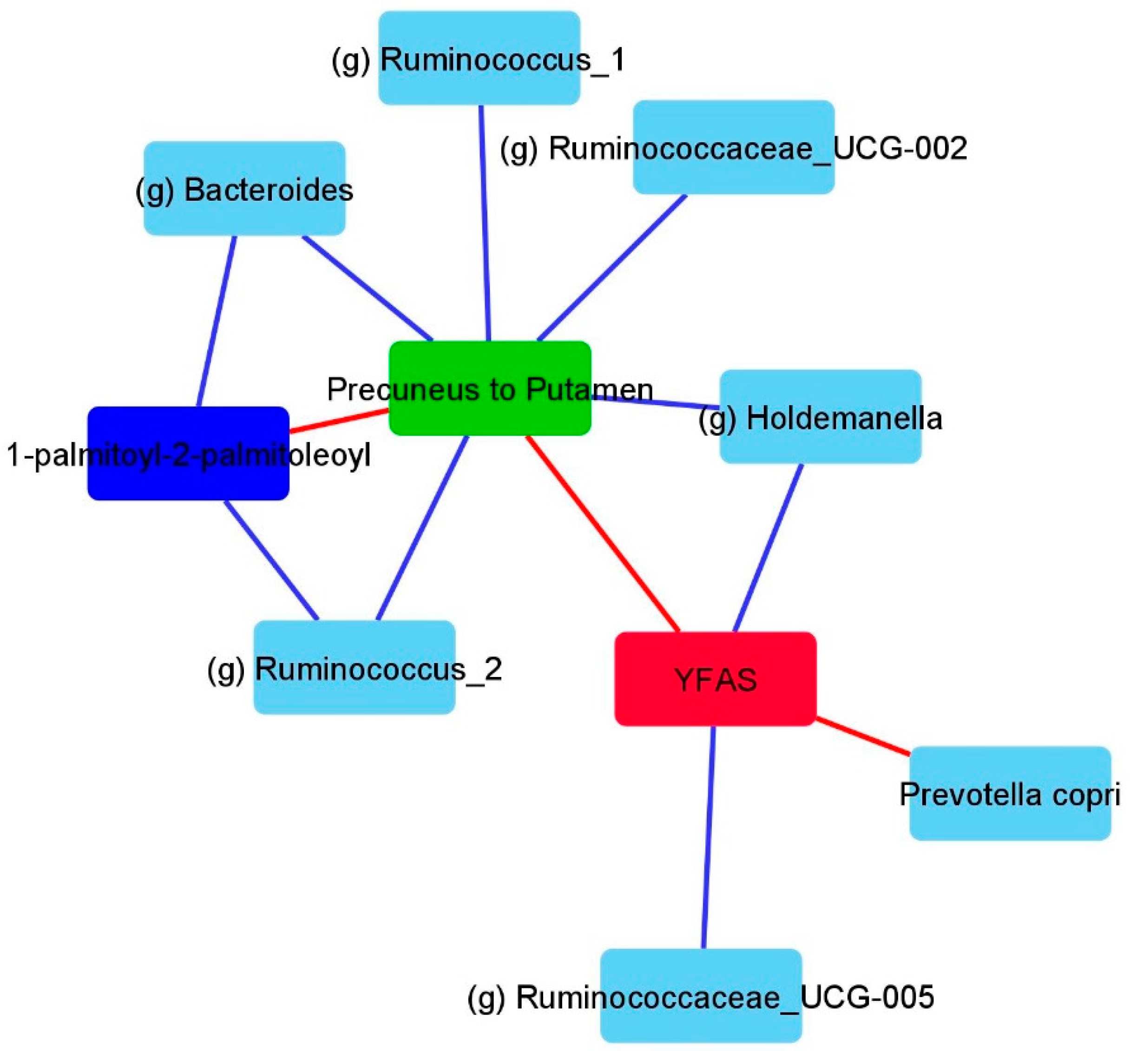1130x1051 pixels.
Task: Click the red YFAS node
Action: (x=715, y=679)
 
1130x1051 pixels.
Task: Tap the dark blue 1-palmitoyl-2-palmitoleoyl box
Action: (x=188, y=453)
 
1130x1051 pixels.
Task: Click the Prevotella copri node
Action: (x=1010, y=794)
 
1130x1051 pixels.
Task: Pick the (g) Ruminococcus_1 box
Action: (x=479, y=58)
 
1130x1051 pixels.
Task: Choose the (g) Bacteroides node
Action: (x=244, y=189)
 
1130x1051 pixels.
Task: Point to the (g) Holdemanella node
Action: (x=820, y=417)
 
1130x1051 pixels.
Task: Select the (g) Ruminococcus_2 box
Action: (x=354, y=667)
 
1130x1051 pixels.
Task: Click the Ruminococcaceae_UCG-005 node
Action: (x=701, y=995)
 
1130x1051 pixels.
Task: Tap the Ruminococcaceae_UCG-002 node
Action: (x=733, y=147)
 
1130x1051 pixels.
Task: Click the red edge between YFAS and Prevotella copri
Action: (x=863, y=736)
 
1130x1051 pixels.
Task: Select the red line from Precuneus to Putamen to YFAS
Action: (x=603, y=534)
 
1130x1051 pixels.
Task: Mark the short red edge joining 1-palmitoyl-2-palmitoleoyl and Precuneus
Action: (x=339, y=420)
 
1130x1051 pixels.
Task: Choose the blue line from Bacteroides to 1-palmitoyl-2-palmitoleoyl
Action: (x=216, y=321)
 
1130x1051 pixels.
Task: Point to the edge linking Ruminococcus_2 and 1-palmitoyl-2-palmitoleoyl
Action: (x=271, y=560)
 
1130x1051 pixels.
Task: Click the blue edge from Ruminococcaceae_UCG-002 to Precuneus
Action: (x=611, y=268)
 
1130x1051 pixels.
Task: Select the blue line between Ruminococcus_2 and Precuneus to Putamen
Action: (x=422, y=528)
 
